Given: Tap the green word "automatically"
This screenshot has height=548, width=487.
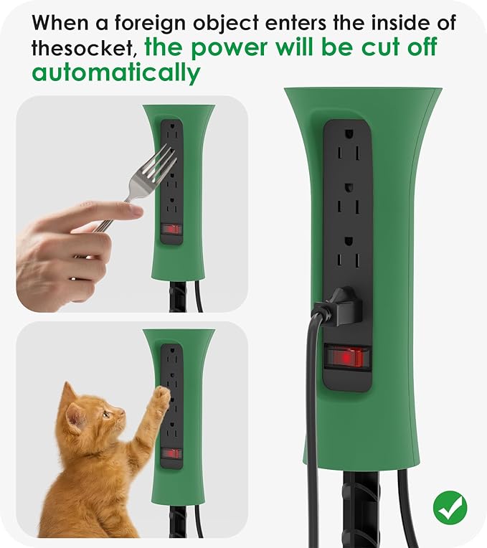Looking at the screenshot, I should pos(115,72).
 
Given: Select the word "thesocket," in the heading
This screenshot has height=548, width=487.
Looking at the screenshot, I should pos(84,48).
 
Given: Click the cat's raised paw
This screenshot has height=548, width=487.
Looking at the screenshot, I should pos(162,395).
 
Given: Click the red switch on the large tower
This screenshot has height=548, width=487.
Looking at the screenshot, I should pos(347,356).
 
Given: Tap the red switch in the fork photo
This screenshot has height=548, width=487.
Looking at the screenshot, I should pos(171,230).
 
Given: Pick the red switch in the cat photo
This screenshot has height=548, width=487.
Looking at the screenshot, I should pos(171,453).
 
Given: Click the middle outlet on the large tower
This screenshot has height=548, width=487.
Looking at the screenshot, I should pos(347,197).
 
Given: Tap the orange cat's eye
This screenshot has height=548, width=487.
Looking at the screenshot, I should pos(102,414).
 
